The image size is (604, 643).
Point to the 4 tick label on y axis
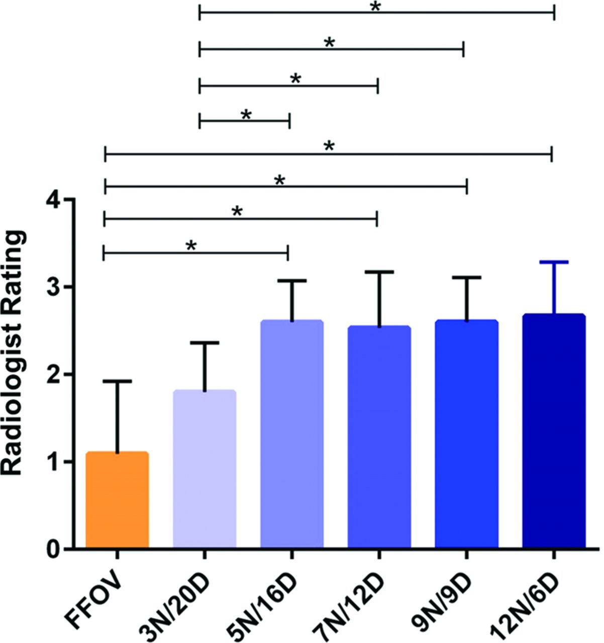53,200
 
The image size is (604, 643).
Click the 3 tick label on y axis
53,287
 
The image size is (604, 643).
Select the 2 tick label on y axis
53,375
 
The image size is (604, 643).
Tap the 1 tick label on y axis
53,462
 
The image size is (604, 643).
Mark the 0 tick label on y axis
53,549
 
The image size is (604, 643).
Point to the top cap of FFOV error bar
117,382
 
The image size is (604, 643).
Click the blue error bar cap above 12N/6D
554,262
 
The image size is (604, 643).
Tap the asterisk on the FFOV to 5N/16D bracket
191,246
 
